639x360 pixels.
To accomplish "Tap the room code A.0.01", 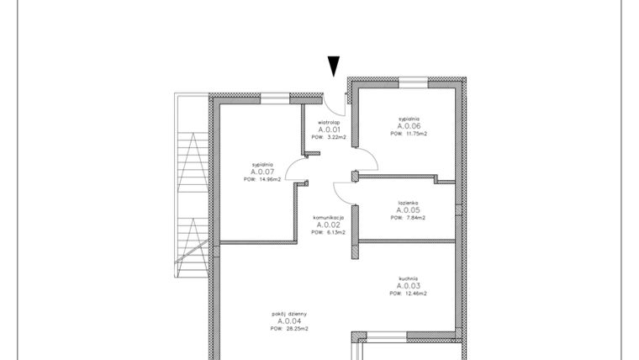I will click(x=328, y=130).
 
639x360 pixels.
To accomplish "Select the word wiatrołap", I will click(x=328, y=122).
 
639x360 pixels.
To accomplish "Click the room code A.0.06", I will click(x=409, y=126).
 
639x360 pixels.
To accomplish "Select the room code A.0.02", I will click(x=328, y=225).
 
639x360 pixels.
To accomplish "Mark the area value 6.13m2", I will click(x=335, y=232).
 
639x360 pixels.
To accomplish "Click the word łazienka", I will click(x=409, y=203).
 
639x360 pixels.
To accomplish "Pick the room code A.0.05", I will click(x=409, y=210).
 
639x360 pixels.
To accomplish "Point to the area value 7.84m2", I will click(x=415, y=218).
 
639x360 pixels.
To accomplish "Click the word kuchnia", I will click(x=409, y=278).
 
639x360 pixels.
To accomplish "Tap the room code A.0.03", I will click(x=409, y=286).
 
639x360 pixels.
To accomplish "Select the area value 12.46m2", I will click(x=415, y=294).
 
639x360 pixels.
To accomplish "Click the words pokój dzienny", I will click(x=289, y=314).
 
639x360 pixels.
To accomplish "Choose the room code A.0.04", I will click(x=289, y=321).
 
